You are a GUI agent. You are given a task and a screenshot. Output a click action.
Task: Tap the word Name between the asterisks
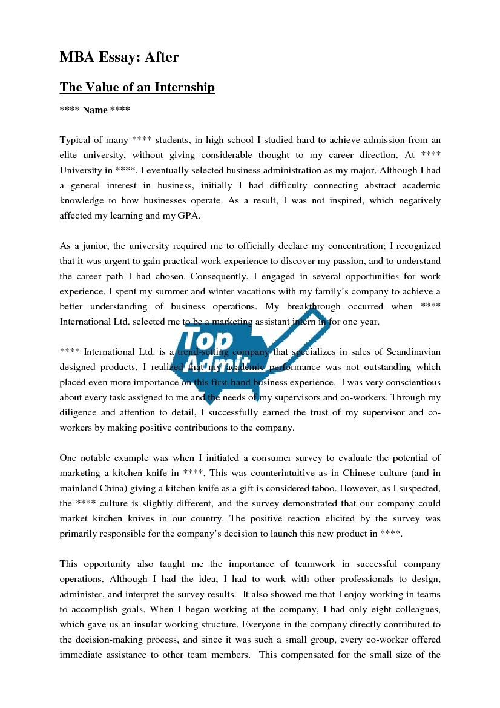point(95,110)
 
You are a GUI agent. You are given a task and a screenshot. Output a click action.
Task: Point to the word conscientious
point(408,382)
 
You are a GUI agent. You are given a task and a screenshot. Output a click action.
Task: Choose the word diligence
point(78,412)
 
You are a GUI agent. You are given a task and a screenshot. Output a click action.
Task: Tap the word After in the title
point(161,58)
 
